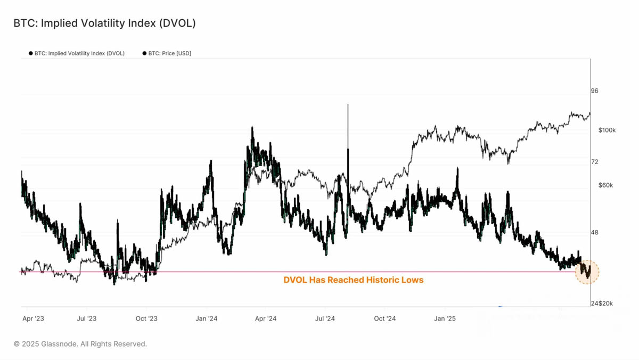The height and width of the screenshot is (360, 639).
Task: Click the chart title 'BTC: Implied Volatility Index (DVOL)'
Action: coord(104,23)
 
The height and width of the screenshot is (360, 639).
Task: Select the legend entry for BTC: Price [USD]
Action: coord(167,53)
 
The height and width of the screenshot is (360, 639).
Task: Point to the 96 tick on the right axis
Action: coord(594,91)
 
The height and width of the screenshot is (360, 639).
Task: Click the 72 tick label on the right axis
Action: coord(594,162)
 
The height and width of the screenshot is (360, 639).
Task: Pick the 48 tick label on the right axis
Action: coord(594,233)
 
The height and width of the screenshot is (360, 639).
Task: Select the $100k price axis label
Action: coord(607,130)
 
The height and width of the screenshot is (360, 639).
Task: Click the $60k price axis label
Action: coord(605,185)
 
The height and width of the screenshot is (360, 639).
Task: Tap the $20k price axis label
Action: coord(605,304)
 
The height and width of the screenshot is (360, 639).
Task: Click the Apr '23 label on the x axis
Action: coord(34,319)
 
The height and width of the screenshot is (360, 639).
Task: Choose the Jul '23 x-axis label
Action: coord(87,319)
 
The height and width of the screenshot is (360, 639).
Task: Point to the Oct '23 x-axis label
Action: coord(146,319)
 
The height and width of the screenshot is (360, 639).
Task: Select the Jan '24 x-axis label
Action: coord(206,319)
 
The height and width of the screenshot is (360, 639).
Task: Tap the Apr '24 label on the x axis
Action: coord(266,319)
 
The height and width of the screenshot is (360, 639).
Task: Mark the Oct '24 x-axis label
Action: coord(385,319)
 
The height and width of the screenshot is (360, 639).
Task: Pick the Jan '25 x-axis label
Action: coord(445,319)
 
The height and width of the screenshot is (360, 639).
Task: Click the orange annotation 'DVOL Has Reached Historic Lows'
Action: coord(354,280)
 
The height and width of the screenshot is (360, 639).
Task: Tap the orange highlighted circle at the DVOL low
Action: coord(587,272)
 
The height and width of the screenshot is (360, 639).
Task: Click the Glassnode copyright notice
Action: coord(80,344)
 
